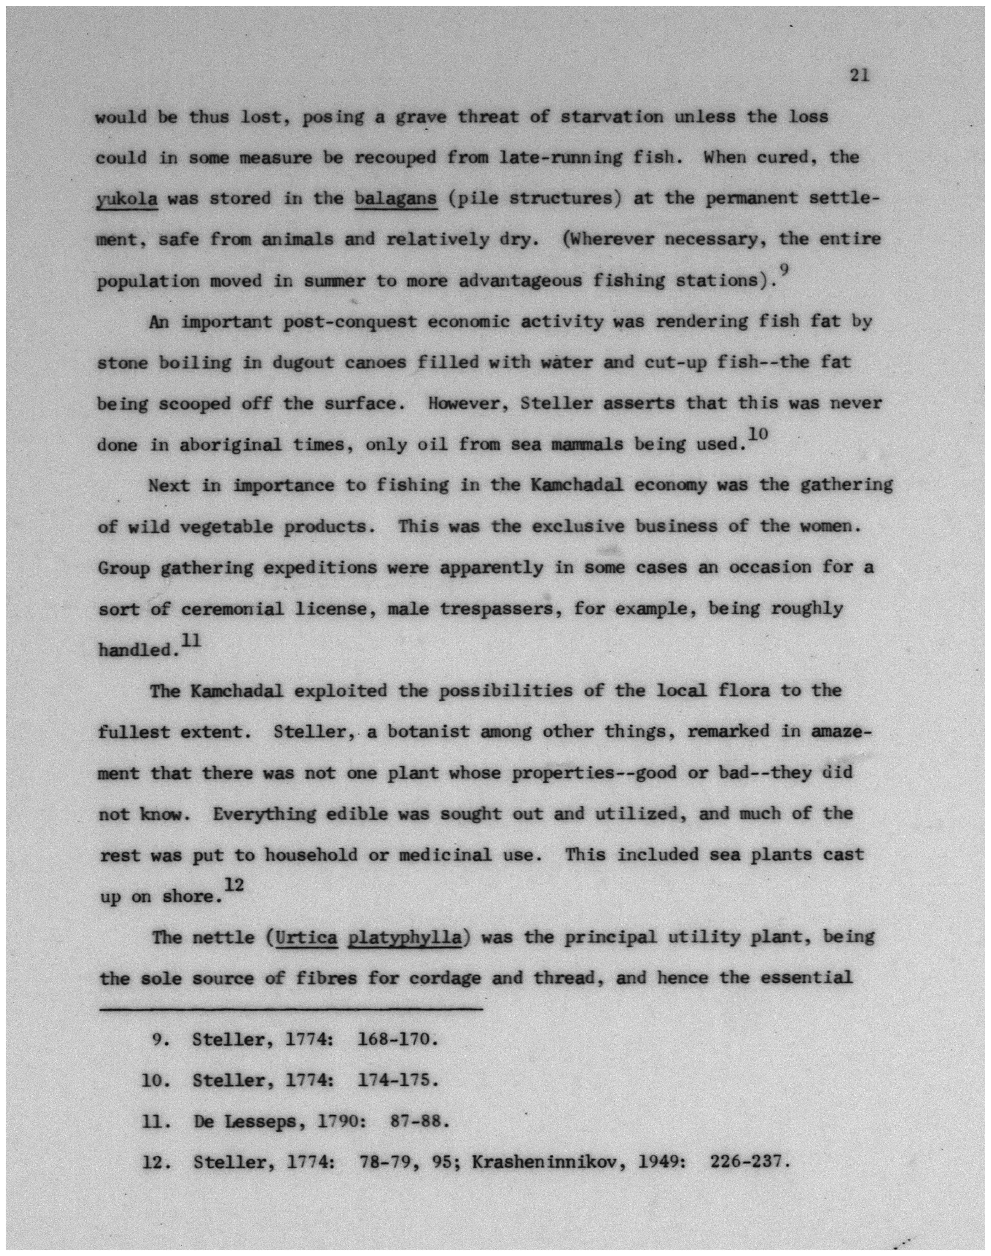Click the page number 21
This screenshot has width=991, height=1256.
point(859,75)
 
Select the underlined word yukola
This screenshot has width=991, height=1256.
point(127,199)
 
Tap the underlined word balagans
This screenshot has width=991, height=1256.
point(396,199)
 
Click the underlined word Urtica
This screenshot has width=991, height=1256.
point(308,937)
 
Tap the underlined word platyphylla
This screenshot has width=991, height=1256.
point(405,937)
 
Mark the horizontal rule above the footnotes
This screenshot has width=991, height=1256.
point(290,1010)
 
